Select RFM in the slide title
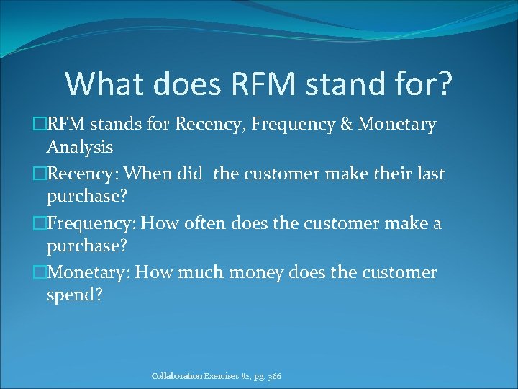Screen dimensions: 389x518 [267, 84]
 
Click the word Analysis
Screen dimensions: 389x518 [80, 148]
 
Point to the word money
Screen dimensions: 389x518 [260, 272]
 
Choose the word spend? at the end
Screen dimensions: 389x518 [76, 295]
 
